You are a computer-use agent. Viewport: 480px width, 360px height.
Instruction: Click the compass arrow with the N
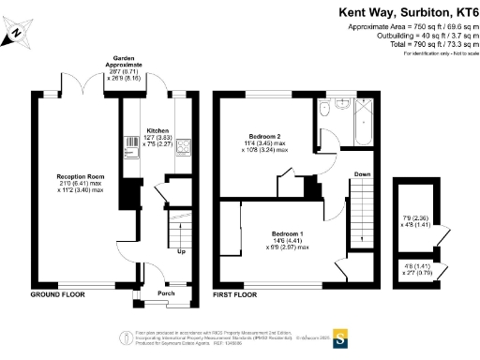[x=19, y=34]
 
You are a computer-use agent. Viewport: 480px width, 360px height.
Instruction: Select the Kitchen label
[x=157, y=132]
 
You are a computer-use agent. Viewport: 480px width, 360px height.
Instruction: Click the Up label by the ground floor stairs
[x=181, y=251]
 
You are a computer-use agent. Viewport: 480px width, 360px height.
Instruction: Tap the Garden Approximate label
[x=128, y=60]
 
